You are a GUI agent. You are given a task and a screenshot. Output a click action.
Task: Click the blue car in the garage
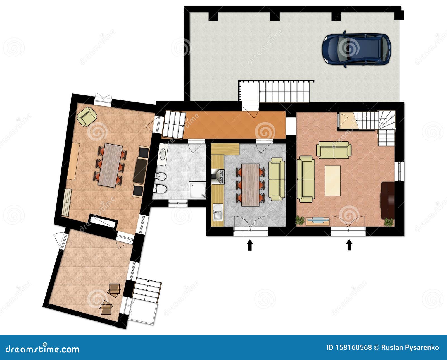[x=356, y=50]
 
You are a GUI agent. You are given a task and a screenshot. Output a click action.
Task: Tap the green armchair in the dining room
[x=87, y=116]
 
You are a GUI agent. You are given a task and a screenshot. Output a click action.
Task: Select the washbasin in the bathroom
[x=163, y=154]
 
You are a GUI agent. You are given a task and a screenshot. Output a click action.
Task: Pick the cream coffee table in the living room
[x=332, y=181]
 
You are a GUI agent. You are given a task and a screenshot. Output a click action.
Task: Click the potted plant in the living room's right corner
[x=389, y=222]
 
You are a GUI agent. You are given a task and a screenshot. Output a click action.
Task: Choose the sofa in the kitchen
[x=277, y=179]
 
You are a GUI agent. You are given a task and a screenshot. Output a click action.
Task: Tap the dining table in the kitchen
[x=250, y=184]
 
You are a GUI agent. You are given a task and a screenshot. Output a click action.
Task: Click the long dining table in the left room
[x=110, y=165]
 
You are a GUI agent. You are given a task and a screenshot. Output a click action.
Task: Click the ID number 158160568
[x=349, y=347]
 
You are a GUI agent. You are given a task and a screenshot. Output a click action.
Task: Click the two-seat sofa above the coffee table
[x=334, y=149]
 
